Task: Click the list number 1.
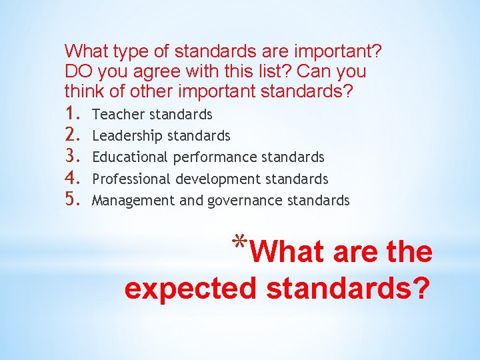[73, 114]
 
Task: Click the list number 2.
[73, 135]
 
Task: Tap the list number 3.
[73, 157]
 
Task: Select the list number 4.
[73, 179]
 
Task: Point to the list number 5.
[73, 200]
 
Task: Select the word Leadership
[127, 136]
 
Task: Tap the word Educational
[130, 157]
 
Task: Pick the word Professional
[132, 179]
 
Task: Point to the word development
[218, 179]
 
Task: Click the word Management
[124, 201]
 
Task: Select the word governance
[243, 201]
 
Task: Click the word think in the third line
[82, 90]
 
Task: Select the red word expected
[191, 289]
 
